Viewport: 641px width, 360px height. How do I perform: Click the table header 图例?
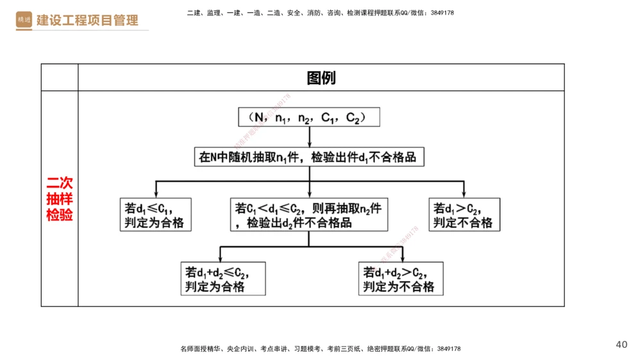click(321, 78)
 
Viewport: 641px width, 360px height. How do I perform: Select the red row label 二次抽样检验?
click(59, 199)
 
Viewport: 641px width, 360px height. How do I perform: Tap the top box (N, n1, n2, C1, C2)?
click(309, 117)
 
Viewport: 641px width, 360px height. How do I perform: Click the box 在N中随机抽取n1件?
click(309, 157)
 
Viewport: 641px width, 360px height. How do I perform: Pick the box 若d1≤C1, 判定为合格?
click(156, 215)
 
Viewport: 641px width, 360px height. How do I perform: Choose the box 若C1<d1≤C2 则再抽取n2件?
click(309, 215)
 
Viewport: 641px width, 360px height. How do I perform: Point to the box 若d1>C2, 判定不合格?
click(464, 215)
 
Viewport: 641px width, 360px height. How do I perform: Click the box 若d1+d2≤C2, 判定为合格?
click(222, 279)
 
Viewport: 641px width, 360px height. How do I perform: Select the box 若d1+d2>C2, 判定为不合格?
click(401, 279)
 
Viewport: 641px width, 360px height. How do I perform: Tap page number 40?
click(621, 345)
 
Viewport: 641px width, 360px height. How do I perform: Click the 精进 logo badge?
click(24, 20)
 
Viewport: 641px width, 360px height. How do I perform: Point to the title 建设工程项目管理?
click(87, 20)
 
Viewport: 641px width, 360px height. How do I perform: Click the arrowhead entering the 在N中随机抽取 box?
click(309, 145)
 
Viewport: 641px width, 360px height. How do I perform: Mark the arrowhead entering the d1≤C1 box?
click(156, 195)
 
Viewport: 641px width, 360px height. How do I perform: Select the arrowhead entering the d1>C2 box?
click(464, 195)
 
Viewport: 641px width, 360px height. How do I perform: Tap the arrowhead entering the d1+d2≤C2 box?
click(221, 258)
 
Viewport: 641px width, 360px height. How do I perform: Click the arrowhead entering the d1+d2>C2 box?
click(402, 258)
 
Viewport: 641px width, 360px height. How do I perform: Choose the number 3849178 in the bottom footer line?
click(447, 349)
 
